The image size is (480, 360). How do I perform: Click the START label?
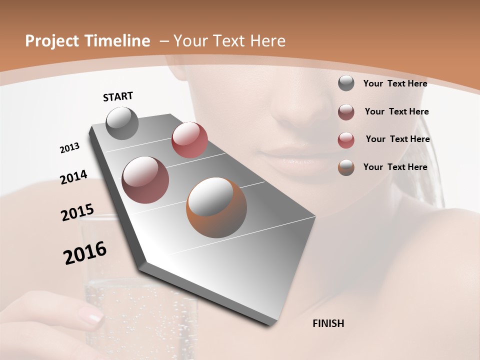(118, 96)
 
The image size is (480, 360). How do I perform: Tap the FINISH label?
(328, 323)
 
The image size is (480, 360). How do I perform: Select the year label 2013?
(70, 148)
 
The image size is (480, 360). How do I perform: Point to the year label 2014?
(74, 177)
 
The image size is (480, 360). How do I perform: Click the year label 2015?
(77, 212)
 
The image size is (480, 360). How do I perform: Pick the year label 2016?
(85, 253)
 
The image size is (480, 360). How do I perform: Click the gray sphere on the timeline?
(122, 123)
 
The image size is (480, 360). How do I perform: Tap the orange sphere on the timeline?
(216, 207)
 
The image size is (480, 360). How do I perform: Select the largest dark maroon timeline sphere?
(145, 180)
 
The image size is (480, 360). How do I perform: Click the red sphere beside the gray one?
(189, 139)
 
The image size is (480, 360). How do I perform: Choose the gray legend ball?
(346, 83)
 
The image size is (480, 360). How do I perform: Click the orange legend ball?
(346, 167)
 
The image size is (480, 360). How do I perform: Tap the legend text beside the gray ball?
(395, 83)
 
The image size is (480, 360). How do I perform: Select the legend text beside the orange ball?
(395, 167)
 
